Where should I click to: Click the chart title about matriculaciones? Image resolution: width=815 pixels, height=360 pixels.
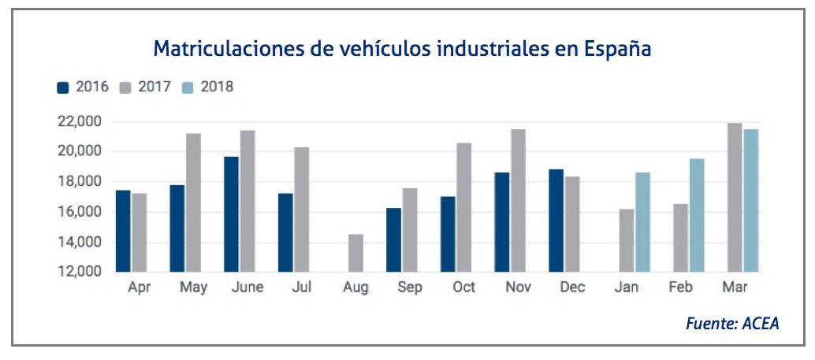(x=402, y=49)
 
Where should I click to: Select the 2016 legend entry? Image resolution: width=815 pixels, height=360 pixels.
(x=84, y=87)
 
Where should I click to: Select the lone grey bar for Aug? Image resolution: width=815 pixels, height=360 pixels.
(x=356, y=253)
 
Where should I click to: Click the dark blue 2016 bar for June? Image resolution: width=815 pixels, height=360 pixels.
(x=231, y=214)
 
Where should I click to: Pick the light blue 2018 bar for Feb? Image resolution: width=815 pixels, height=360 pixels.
(x=697, y=215)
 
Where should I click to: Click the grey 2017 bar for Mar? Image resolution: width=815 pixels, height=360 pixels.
(x=735, y=197)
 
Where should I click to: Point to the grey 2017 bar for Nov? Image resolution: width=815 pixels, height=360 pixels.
(x=518, y=200)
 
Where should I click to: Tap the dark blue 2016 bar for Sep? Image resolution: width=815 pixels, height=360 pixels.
(x=394, y=239)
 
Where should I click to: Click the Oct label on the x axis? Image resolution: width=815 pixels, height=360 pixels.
(x=464, y=288)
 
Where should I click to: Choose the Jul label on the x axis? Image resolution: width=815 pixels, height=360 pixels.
(x=302, y=288)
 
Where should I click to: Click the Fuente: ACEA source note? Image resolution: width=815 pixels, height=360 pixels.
(x=732, y=324)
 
